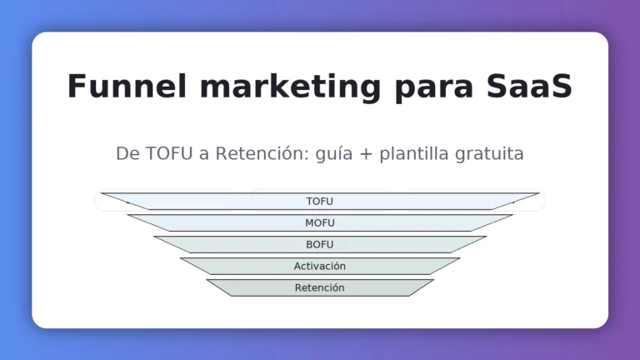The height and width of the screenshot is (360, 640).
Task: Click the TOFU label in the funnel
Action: pos(320,202)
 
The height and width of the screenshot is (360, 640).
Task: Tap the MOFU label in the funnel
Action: pos(320,223)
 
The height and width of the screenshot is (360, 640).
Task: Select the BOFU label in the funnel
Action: pos(320,245)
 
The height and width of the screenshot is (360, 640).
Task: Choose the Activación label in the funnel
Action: pos(320,267)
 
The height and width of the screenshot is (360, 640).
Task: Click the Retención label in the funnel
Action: pos(320,288)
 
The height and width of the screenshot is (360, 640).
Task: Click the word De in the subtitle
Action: pos(126,154)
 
